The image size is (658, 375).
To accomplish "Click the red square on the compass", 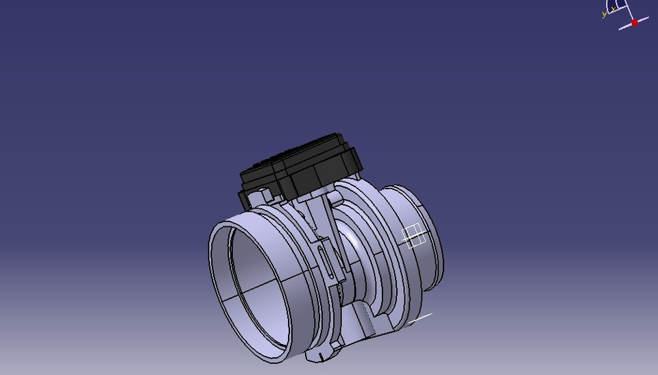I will coord(635,23).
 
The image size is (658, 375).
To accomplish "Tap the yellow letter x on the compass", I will coord(613,10).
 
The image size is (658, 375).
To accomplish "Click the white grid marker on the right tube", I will coord(414,236).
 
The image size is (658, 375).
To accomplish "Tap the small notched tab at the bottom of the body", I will coord(322,356).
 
